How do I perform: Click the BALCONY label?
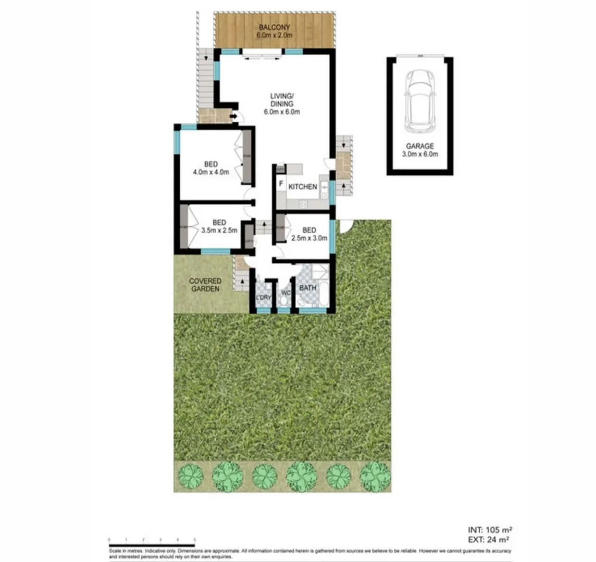click(274, 31)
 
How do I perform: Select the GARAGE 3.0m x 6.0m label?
click(420, 150)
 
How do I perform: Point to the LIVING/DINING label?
click(282, 104)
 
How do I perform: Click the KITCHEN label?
click(303, 187)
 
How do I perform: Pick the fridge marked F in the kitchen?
click(281, 184)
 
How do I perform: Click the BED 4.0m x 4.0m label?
click(211, 168)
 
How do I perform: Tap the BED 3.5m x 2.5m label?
click(219, 226)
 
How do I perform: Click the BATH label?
click(307, 288)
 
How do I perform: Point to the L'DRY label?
click(264, 297)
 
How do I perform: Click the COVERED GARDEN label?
click(205, 285)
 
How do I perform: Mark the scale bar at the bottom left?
click(151, 544)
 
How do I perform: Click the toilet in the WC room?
click(284, 302)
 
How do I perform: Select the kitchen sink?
click(324, 187)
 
